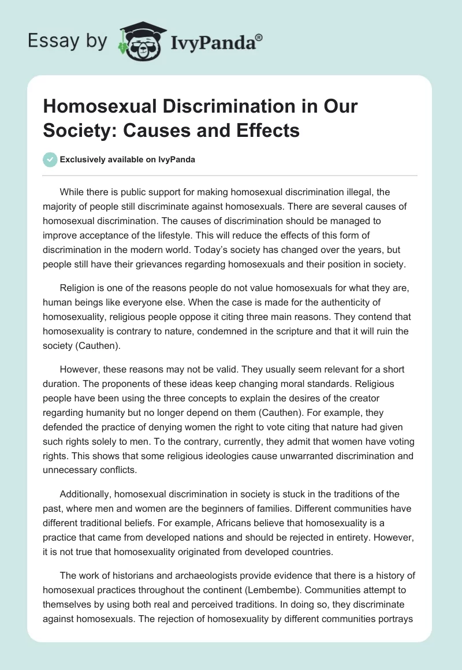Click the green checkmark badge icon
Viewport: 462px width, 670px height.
pyautogui.click(x=50, y=159)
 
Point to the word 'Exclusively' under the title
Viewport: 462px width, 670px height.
pyautogui.click(x=85, y=160)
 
